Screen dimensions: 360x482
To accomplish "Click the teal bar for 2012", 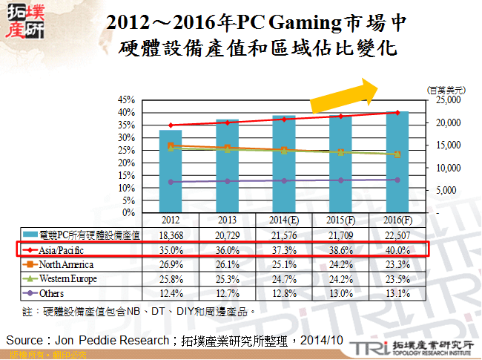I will click(x=171, y=171).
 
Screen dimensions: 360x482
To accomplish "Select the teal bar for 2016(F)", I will click(x=397, y=163).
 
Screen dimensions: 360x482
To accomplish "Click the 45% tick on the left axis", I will click(x=125, y=99).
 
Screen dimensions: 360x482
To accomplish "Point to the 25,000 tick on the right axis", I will click(x=448, y=99).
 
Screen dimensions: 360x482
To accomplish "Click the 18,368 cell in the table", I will click(x=171, y=235).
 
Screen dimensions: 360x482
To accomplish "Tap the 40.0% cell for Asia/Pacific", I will click(x=397, y=249).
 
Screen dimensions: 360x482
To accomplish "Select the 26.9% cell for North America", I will click(x=171, y=264).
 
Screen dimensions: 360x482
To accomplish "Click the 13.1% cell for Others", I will click(x=397, y=293).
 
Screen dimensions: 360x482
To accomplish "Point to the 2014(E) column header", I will click(x=284, y=220).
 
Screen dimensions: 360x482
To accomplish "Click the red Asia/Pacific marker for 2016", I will click(x=397, y=113).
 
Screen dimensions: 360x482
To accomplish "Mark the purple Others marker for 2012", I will click(x=171, y=182).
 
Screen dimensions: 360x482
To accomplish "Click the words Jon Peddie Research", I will click(x=111, y=339).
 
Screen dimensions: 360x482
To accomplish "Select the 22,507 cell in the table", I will click(x=397, y=235).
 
